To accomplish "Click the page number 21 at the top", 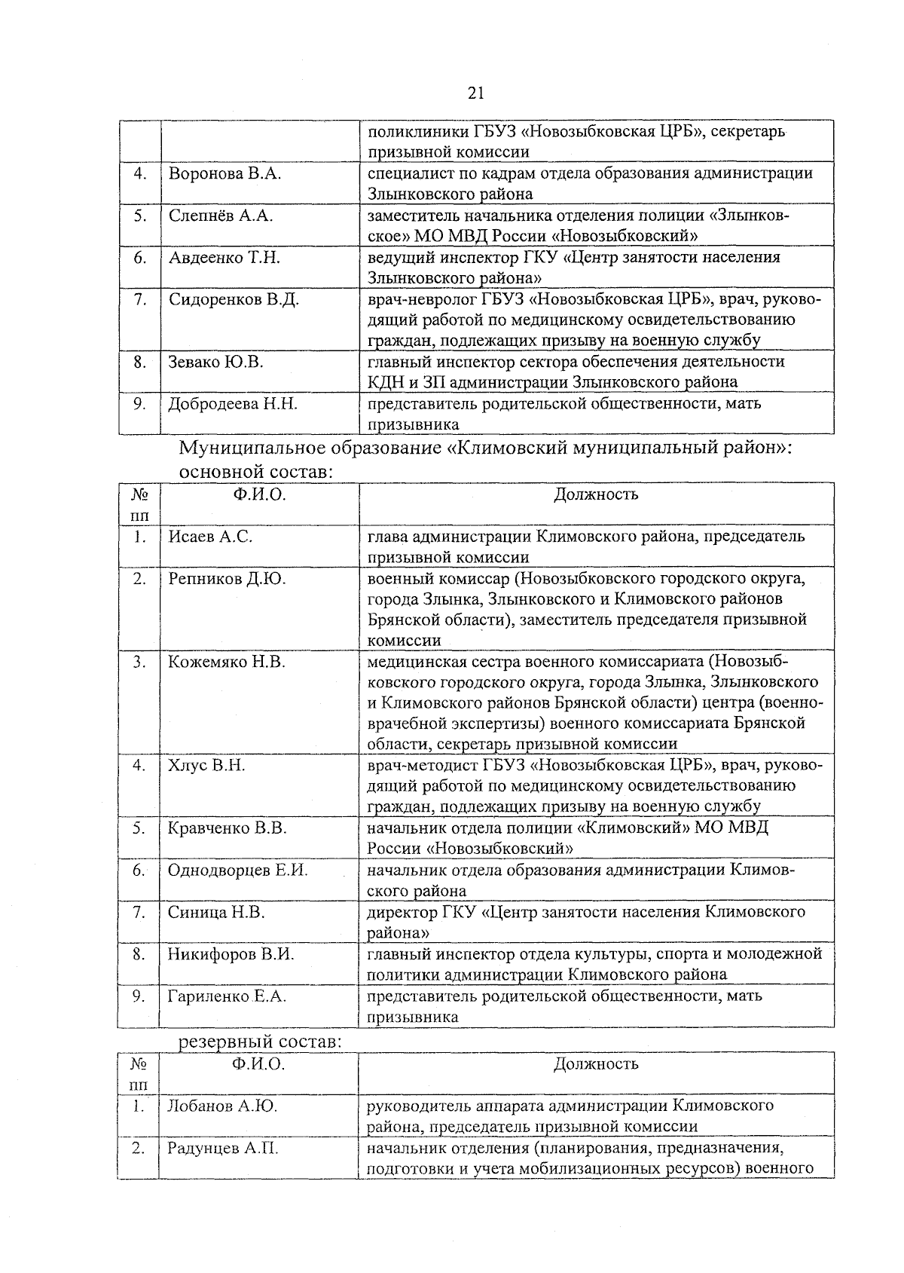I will pyautogui.click(x=475, y=93).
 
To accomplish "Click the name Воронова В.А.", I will pyautogui.click(x=224, y=174).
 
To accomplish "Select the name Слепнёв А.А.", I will pyautogui.click(x=221, y=216).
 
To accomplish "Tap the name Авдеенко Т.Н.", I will pyautogui.click(x=224, y=258).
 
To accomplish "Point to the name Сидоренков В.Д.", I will pyautogui.click(x=234, y=300).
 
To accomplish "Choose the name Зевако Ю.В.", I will pyautogui.click(x=215, y=363).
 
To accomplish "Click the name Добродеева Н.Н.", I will pyautogui.click(x=233, y=404).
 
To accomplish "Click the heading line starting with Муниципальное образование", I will pyautogui.click(x=488, y=448).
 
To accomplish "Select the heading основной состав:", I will pyautogui.click(x=256, y=473).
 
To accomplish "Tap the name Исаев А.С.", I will pyautogui.click(x=210, y=537).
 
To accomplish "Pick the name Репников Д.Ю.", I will pyautogui.click(x=227, y=579).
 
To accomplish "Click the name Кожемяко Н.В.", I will pyautogui.click(x=227, y=663).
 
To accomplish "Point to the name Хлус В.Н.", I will pyautogui.click(x=206, y=766).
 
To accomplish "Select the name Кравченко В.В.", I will pyautogui.click(x=228, y=828).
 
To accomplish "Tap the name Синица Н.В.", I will pyautogui.click(x=216, y=913).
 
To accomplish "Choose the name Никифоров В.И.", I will pyautogui.click(x=231, y=954).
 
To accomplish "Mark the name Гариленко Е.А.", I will pyautogui.click(x=228, y=996).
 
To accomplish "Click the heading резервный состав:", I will pyautogui.click(x=260, y=1042).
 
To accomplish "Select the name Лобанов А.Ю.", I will pyautogui.click(x=222, y=1106).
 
